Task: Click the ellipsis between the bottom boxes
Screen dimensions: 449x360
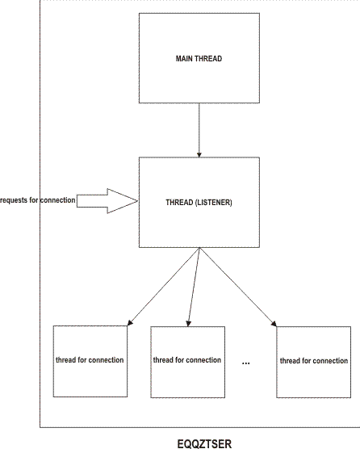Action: click(x=246, y=363)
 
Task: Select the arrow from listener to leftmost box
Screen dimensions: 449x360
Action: click(x=161, y=287)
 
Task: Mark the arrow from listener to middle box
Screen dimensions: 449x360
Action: click(x=194, y=287)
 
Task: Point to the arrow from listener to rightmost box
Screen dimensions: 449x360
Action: click(x=238, y=287)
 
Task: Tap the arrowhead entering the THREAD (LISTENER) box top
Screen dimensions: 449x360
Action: click(x=199, y=153)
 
